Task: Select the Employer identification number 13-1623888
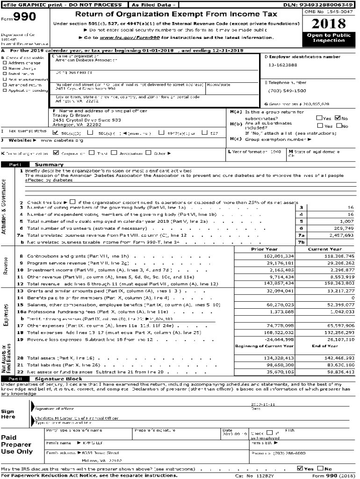click(x=283, y=65)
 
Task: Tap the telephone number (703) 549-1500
click(x=287, y=91)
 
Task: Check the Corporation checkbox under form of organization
click(x=56, y=152)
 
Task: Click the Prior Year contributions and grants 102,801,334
click(x=279, y=256)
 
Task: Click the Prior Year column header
click(x=265, y=249)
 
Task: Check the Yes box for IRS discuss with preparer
click(x=300, y=468)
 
